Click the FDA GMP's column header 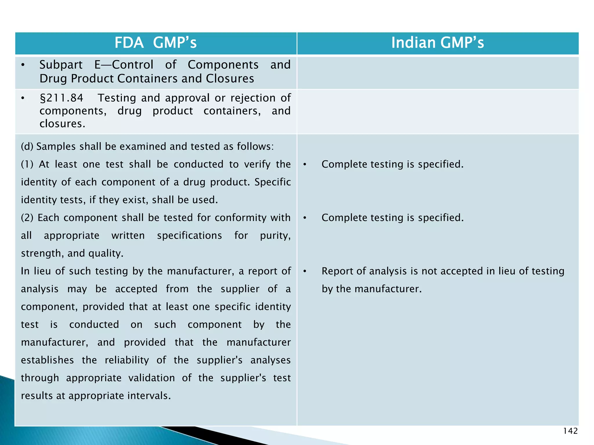155,43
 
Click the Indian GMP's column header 437,43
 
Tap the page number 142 570,431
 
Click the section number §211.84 61,98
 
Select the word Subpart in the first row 61,65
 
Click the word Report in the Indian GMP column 337,271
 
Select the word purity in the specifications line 275,236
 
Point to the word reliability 127,360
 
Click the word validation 151,378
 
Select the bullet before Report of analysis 305,271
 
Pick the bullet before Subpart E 23,65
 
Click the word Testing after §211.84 117,98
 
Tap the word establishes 47,360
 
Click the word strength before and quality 42,253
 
